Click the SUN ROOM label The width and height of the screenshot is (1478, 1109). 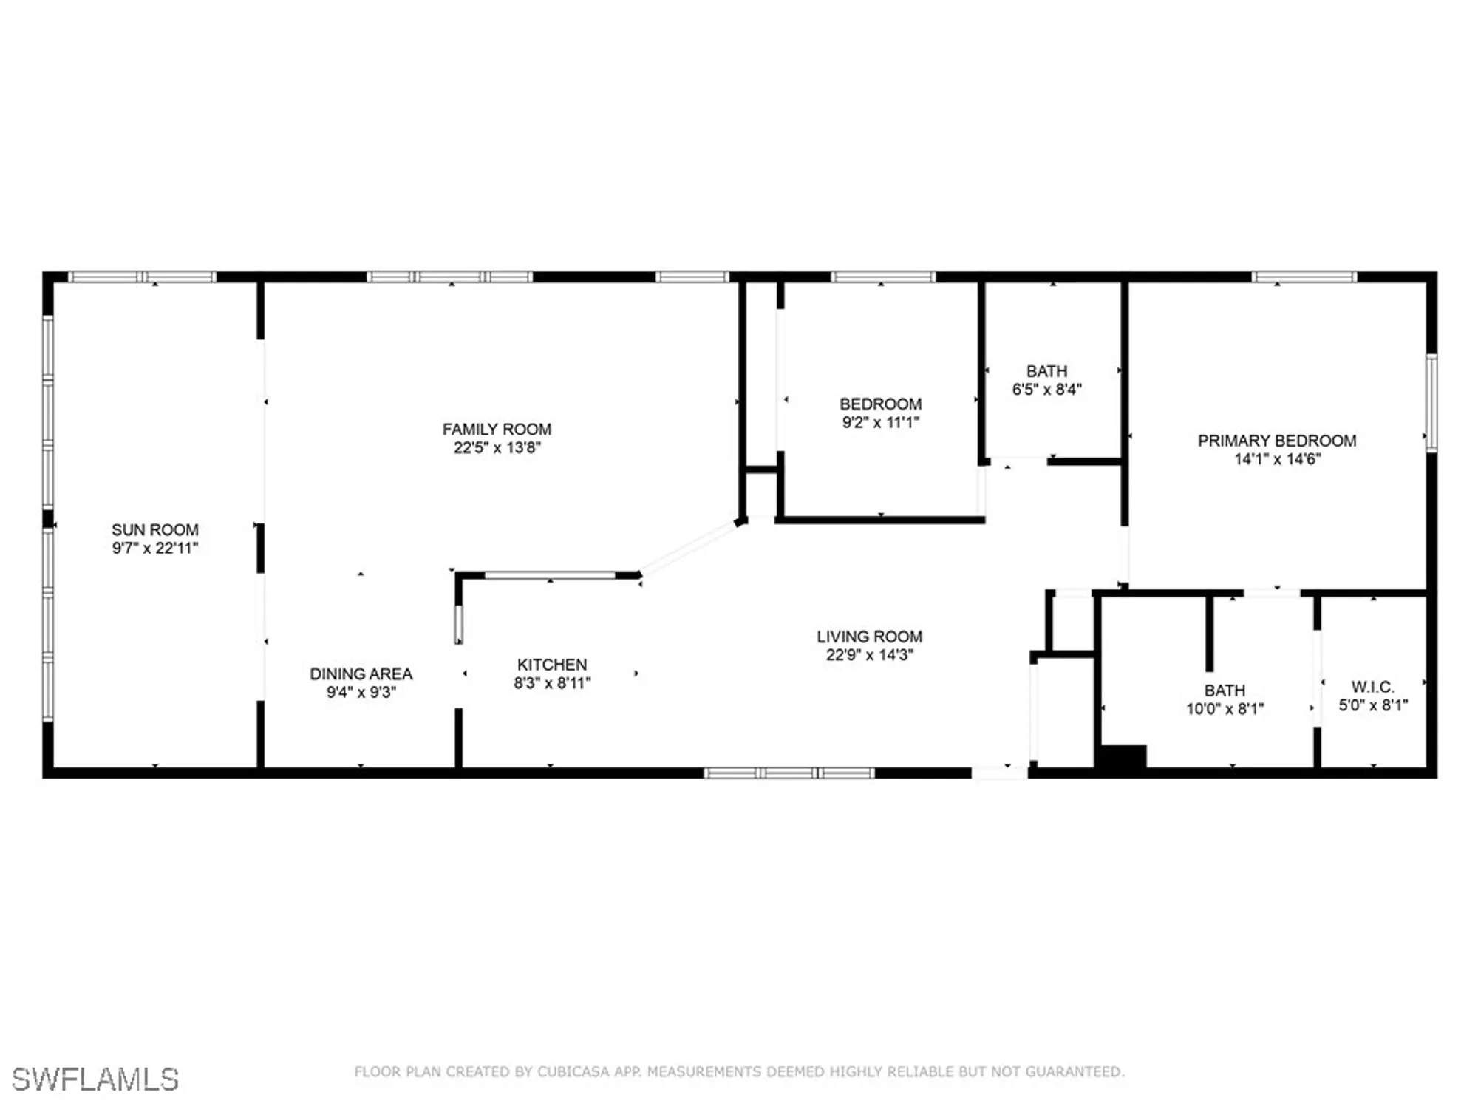pos(155,529)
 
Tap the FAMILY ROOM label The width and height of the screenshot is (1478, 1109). pos(497,429)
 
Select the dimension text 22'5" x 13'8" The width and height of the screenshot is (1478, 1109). pos(497,447)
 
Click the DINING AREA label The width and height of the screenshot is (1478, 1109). pos(361,674)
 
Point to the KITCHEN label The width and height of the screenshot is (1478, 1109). pos(552,664)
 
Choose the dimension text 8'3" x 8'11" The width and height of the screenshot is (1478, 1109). pos(552,682)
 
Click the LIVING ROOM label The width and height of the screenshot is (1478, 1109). pos(869,636)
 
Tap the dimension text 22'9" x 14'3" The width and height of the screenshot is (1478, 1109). pos(869,654)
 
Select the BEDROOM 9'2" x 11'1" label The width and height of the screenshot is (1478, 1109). pos(880,404)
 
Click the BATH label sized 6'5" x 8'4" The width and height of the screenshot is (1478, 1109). pos(1046,370)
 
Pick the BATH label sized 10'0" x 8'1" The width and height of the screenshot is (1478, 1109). pos(1225,690)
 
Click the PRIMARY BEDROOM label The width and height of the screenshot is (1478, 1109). pos(1276,441)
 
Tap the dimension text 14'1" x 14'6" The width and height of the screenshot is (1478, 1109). pos(1276,458)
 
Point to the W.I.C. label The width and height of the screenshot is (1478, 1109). pos(1372,686)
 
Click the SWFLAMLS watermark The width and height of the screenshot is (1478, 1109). pos(95,1079)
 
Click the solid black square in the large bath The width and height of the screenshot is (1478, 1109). pos(1122,758)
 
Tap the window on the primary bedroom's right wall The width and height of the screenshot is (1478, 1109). pos(1431,402)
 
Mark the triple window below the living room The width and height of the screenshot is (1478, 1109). pos(789,773)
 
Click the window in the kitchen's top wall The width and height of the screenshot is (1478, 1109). pos(550,575)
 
